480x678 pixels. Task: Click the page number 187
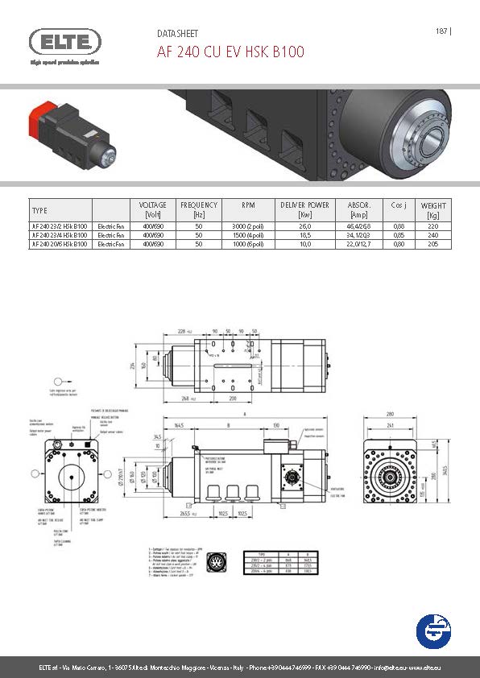[x=441, y=31]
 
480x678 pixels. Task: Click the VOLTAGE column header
[x=153, y=209]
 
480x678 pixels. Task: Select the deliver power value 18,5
[x=304, y=235]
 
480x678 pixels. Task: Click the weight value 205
[x=433, y=243]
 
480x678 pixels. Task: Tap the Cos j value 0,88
[x=398, y=226]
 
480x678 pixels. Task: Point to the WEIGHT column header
[x=433, y=209]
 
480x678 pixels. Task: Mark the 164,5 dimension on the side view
[x=179, y=426]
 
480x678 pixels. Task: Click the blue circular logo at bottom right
[x=436, y=630]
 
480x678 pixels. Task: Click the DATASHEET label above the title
[x=176, y=34]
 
